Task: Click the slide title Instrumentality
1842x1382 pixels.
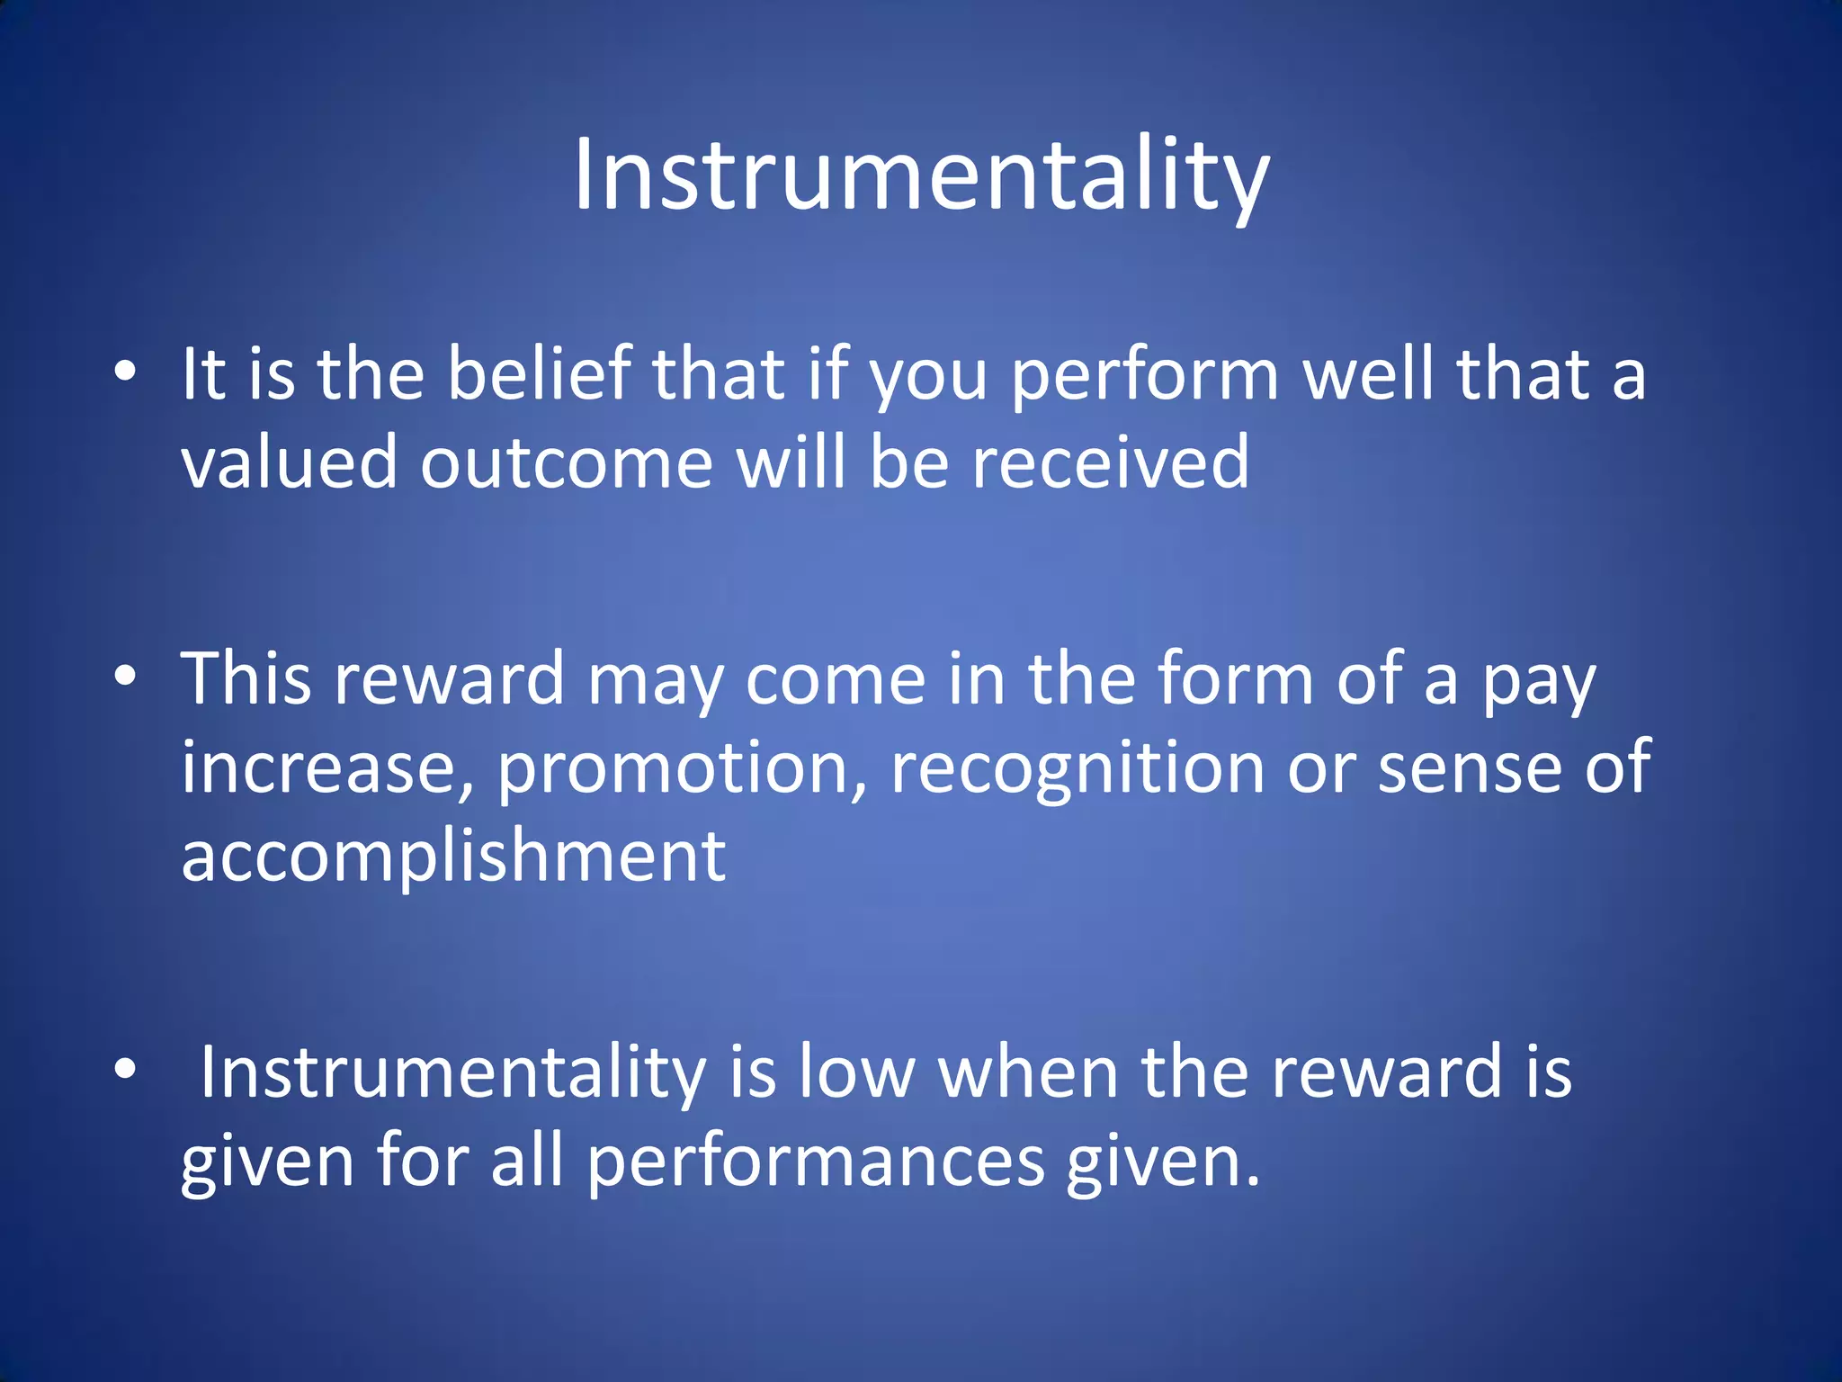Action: [921, 175]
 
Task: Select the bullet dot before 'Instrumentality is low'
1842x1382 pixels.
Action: [126, 1069]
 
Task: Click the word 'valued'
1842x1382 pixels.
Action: [289, 462]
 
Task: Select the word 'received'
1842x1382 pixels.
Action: [1111, 462]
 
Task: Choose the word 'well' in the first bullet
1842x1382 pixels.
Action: [1368, 373]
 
